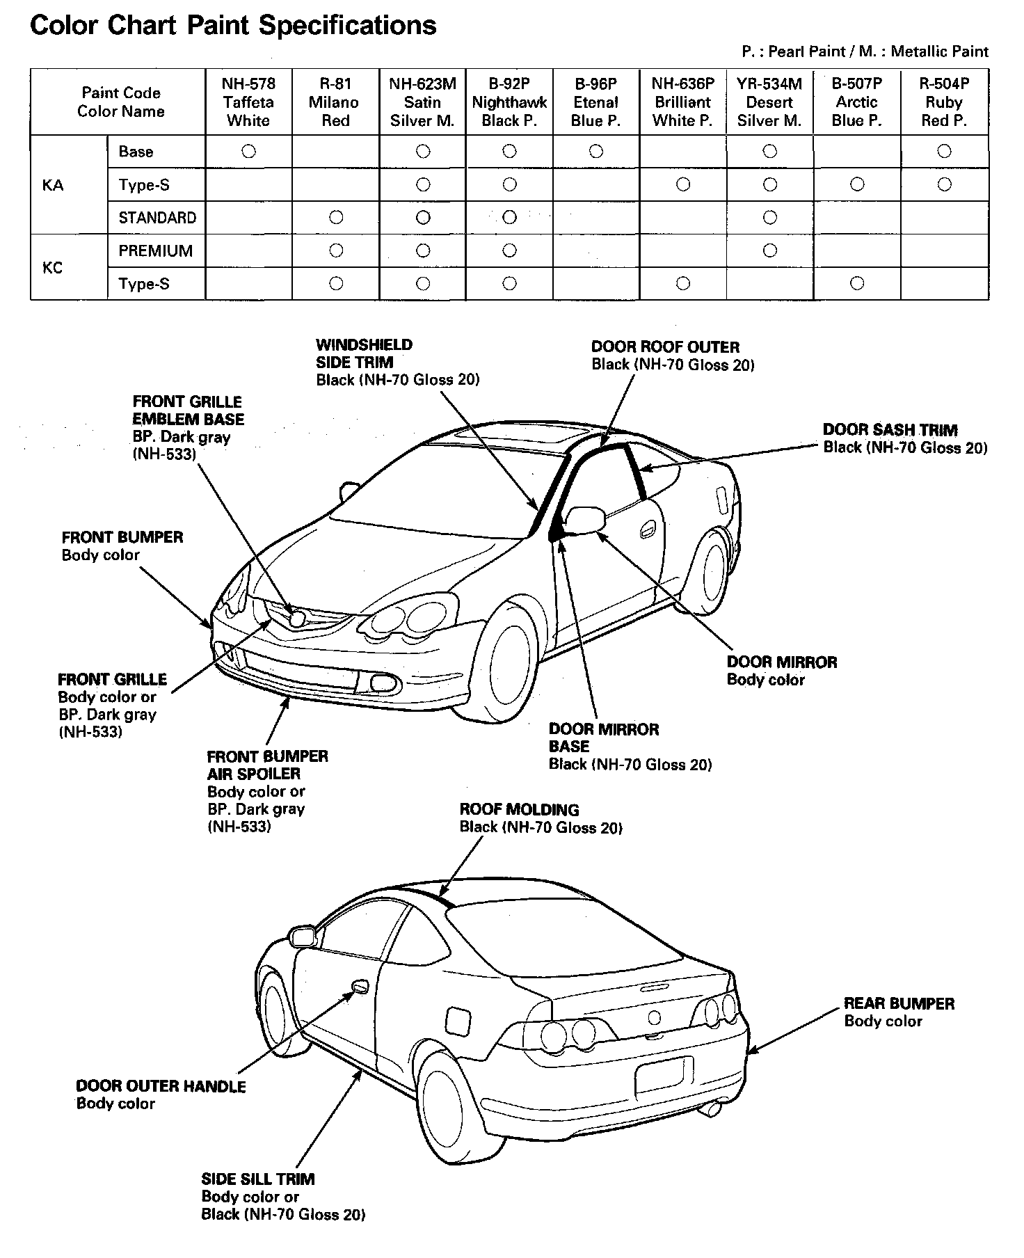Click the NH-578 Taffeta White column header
(248, 102)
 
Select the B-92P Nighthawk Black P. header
(509, 102)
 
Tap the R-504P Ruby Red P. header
(944, 102)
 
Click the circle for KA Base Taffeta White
(248, 151)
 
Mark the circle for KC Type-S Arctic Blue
(857, 283)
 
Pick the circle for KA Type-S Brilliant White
(683, 184)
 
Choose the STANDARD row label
(157, 218)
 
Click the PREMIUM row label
(156, 250)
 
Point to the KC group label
(53, 267)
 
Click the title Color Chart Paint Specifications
(233, 25)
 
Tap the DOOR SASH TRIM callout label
(890, 430)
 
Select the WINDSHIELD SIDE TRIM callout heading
(364, 353)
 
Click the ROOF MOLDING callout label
(519, 809)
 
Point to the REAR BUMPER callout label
(899, 1003)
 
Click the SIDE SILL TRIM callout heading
(257, 1179)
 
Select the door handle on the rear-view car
(360, 987)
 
